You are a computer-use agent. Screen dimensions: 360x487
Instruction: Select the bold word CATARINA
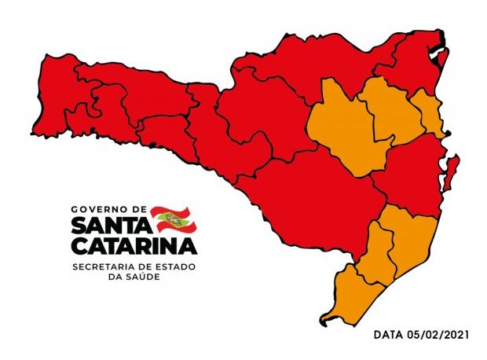[x=134, y=246]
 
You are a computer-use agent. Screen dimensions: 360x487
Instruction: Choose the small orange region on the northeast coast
[x=429, y=114]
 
